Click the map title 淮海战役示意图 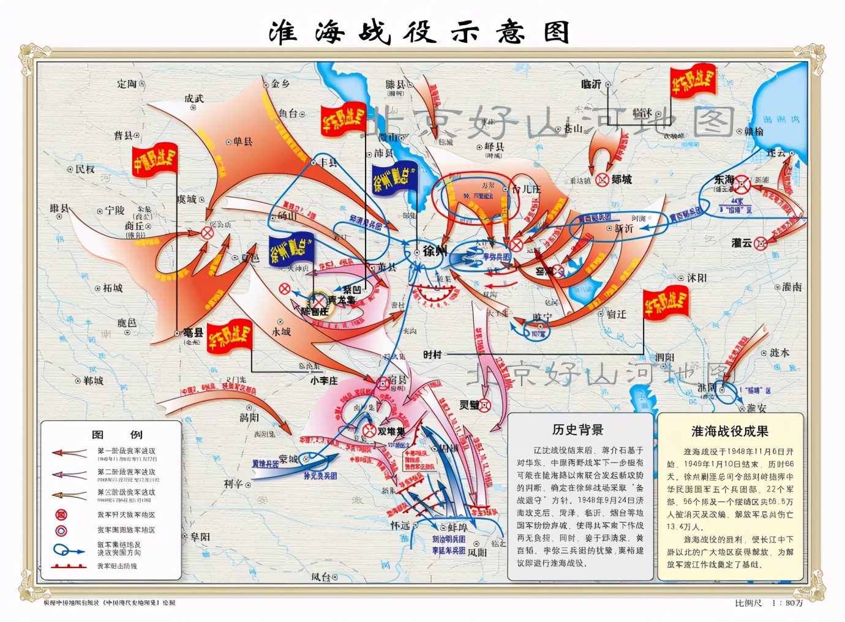[420, 32]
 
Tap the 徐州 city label [434, 250]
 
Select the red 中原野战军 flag [155, 160]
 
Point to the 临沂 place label [591, 84]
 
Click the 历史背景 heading [577, 430]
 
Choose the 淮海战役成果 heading [729, 431]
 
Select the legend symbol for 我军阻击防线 [69, 566]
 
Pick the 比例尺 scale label [748, 603]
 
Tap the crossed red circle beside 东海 [742, 184]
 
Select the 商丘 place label [135, 226]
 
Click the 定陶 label [127, 84]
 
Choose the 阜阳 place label [200, 537]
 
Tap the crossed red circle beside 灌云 [760, 243]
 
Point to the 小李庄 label [323, 380]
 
